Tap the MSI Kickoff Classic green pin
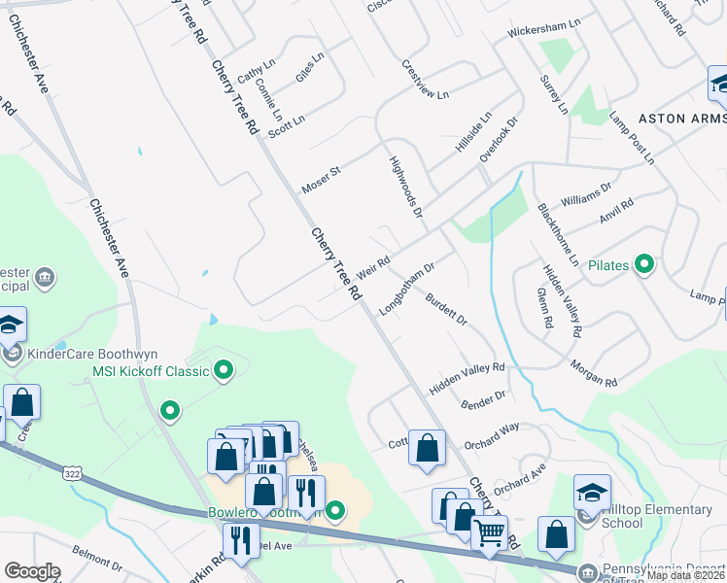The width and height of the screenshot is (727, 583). click(x=225, y=370)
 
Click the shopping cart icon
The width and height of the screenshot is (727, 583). click(x=489, y=532)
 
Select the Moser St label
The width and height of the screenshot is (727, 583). click(x=321, y=179)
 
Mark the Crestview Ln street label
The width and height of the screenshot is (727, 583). click(x=425, y=81)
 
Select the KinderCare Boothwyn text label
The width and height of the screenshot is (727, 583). click(x=93, y=355)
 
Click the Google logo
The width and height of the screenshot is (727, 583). click(x=32, y=571)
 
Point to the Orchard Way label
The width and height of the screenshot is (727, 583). click(x=492, y=432)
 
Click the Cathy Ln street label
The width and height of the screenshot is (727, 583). click(x=257, y=70)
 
